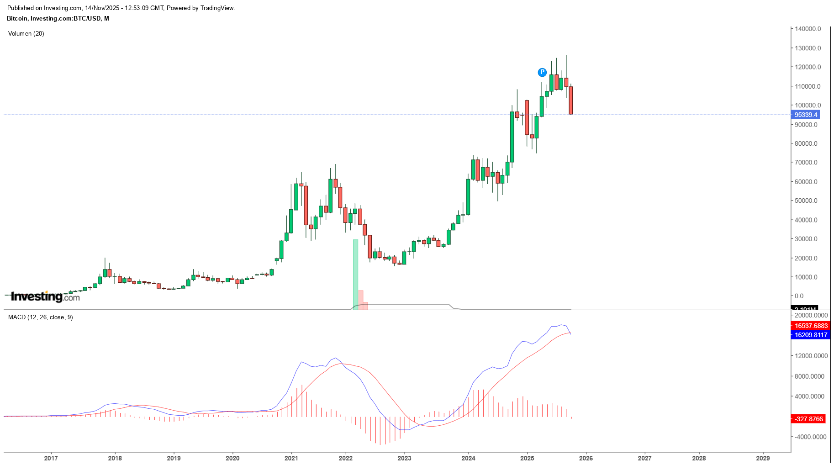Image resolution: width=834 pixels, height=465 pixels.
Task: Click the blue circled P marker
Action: [542, 72]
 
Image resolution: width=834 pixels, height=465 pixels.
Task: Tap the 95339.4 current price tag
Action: [806, 115]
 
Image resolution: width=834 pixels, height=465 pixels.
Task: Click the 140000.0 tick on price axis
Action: [808, 29]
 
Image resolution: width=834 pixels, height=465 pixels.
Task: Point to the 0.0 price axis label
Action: [799, 296]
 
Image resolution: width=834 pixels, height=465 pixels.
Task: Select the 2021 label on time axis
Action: [291, 458]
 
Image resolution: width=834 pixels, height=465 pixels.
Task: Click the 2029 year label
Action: [763, 458]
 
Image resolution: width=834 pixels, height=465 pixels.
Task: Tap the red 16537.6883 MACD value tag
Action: [811, 326]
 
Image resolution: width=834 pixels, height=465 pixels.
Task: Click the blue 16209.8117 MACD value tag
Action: [811, 335]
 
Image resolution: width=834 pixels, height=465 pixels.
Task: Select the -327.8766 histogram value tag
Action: [808, 419]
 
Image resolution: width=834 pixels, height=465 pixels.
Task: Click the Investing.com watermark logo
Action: [45, 297]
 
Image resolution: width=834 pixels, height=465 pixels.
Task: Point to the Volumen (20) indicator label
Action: [26, 34]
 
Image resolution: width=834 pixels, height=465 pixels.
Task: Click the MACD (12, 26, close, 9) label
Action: [41, 317]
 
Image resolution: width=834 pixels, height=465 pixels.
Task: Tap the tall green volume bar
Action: [355, 274]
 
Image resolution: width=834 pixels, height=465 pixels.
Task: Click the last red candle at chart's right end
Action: [571, 100]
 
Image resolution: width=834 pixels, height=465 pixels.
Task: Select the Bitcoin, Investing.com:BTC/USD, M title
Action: [58, 19]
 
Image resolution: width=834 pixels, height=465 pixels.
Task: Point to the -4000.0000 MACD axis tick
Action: [810, 437]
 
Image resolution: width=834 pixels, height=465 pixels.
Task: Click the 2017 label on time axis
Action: [51, 458]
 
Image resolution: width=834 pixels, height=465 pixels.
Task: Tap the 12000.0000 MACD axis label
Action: [811, 356]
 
